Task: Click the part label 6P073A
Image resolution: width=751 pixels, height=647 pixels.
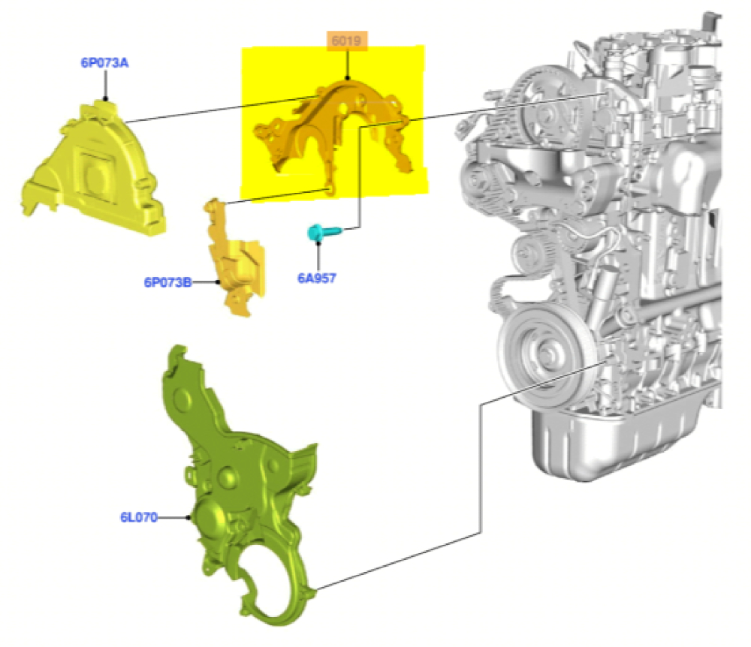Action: click(x=104, y=63)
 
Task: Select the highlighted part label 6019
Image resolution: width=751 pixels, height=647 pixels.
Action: click(x=346, y=41)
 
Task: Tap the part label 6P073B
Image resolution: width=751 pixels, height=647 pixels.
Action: click(x=167, y=282)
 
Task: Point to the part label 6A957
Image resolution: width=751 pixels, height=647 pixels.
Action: click(x=317, y=278)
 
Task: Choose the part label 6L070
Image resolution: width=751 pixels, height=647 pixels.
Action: click(x=138, y=517)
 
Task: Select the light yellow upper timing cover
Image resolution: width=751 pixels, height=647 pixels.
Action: click(x=93, y=168)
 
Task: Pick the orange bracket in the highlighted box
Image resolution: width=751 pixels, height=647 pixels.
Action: click(x=335, y=134)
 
